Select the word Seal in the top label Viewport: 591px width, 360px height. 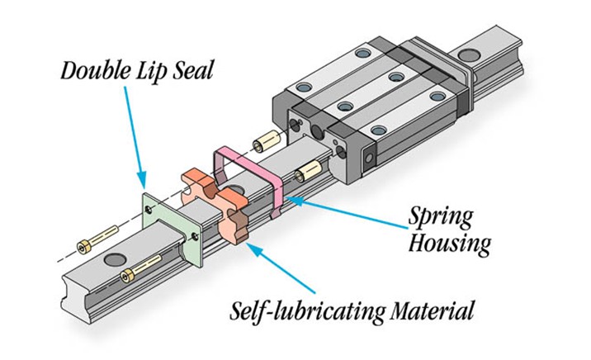193,71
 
